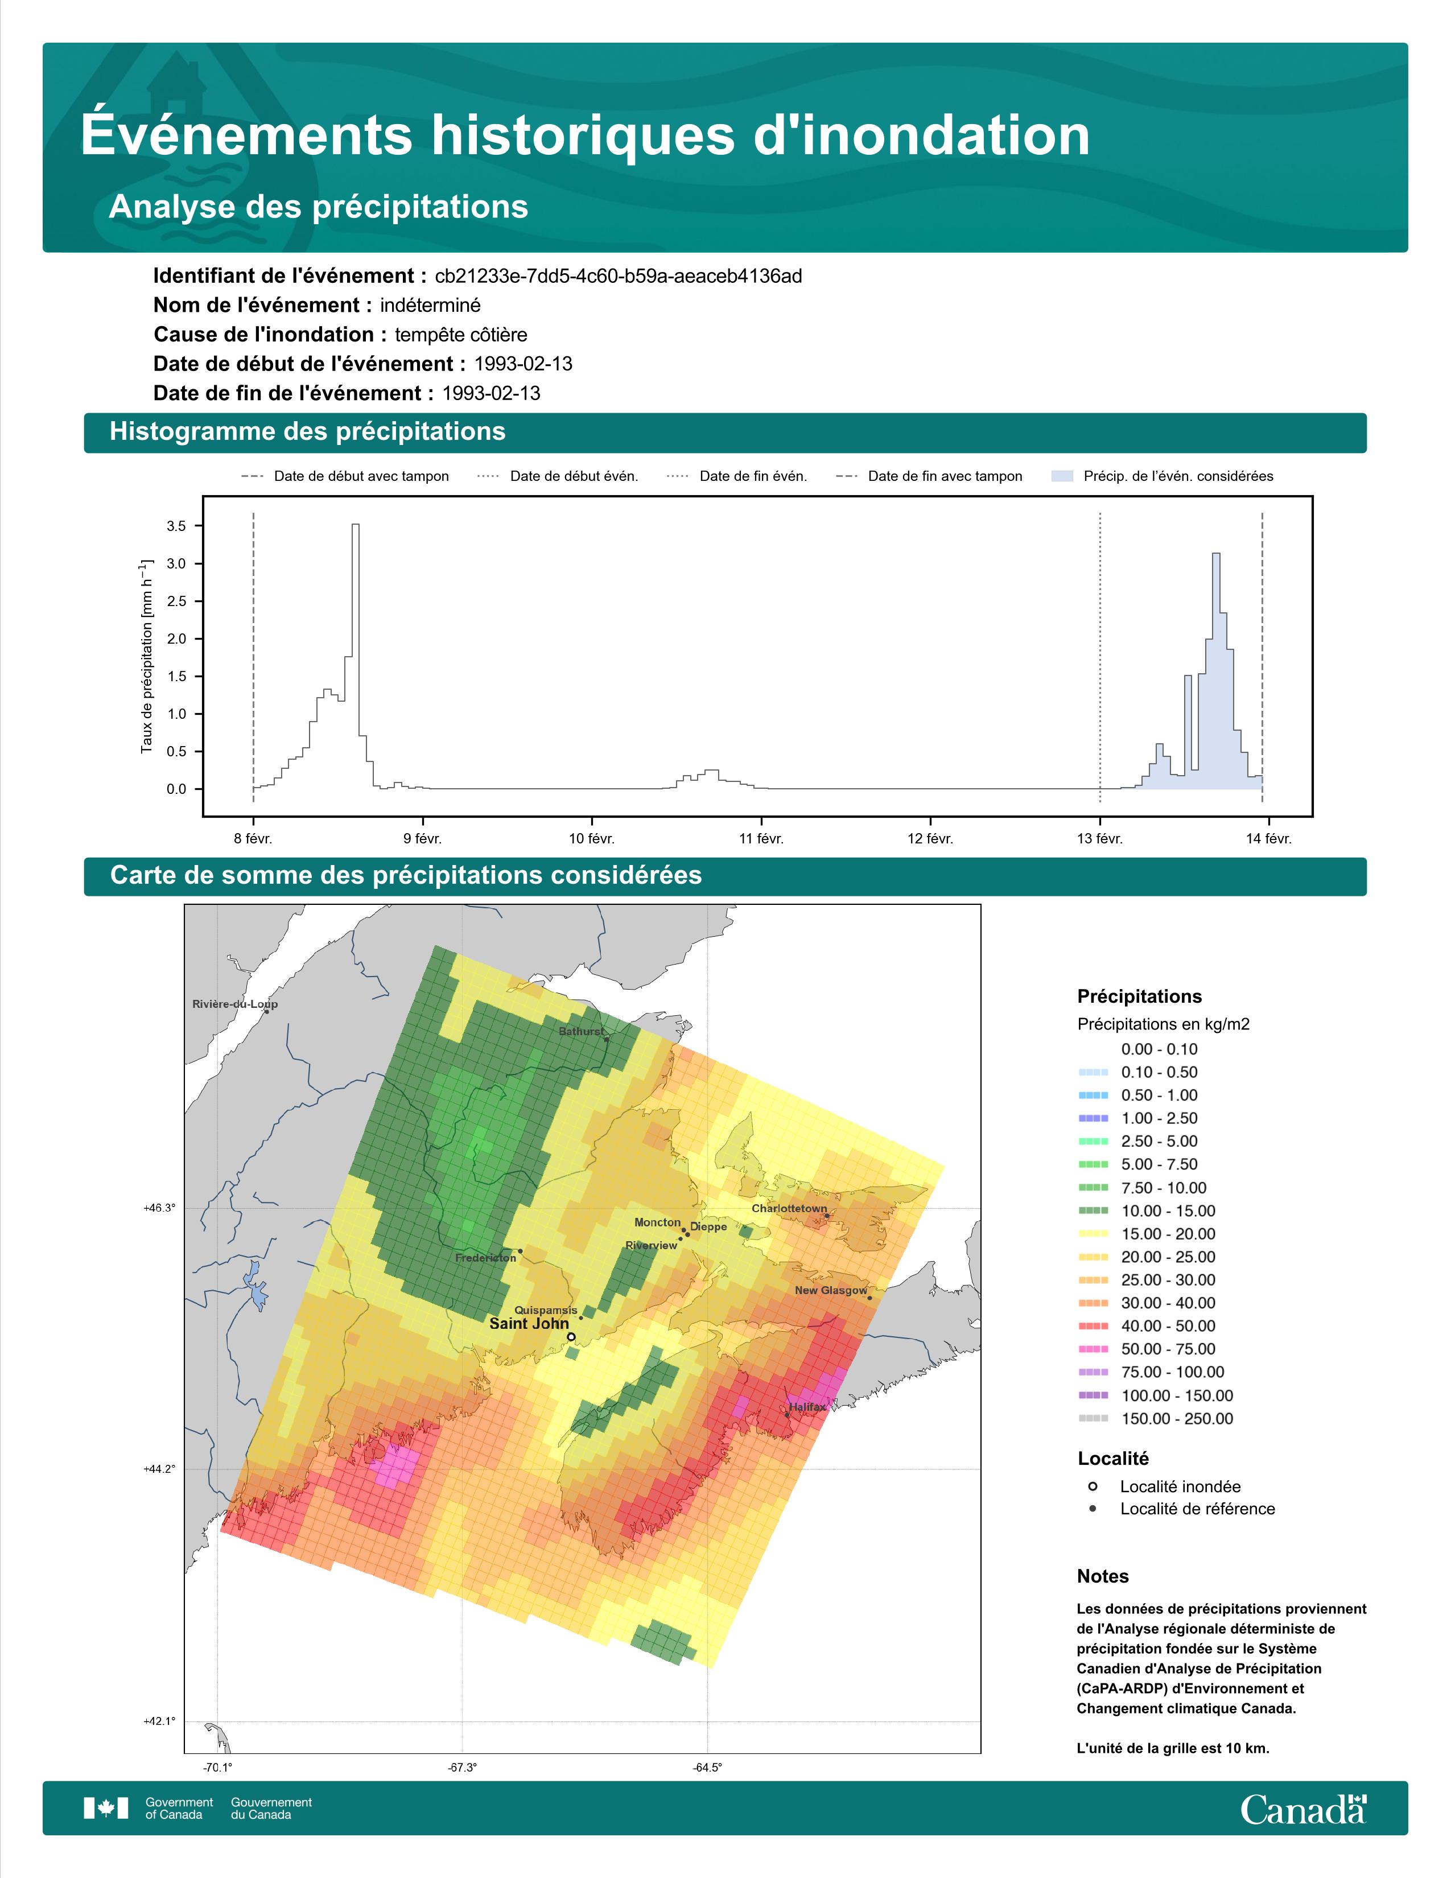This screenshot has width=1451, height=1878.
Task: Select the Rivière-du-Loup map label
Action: click(234, 1003)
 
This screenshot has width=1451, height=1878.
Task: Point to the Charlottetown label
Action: click(789, 1208)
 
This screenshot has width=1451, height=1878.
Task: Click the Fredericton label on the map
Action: click(486, 1258)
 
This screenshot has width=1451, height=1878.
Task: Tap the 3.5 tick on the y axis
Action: click(176, 526)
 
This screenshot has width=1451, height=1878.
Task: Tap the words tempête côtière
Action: click(461, 335)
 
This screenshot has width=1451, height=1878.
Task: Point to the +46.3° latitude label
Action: click(159, 1208)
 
